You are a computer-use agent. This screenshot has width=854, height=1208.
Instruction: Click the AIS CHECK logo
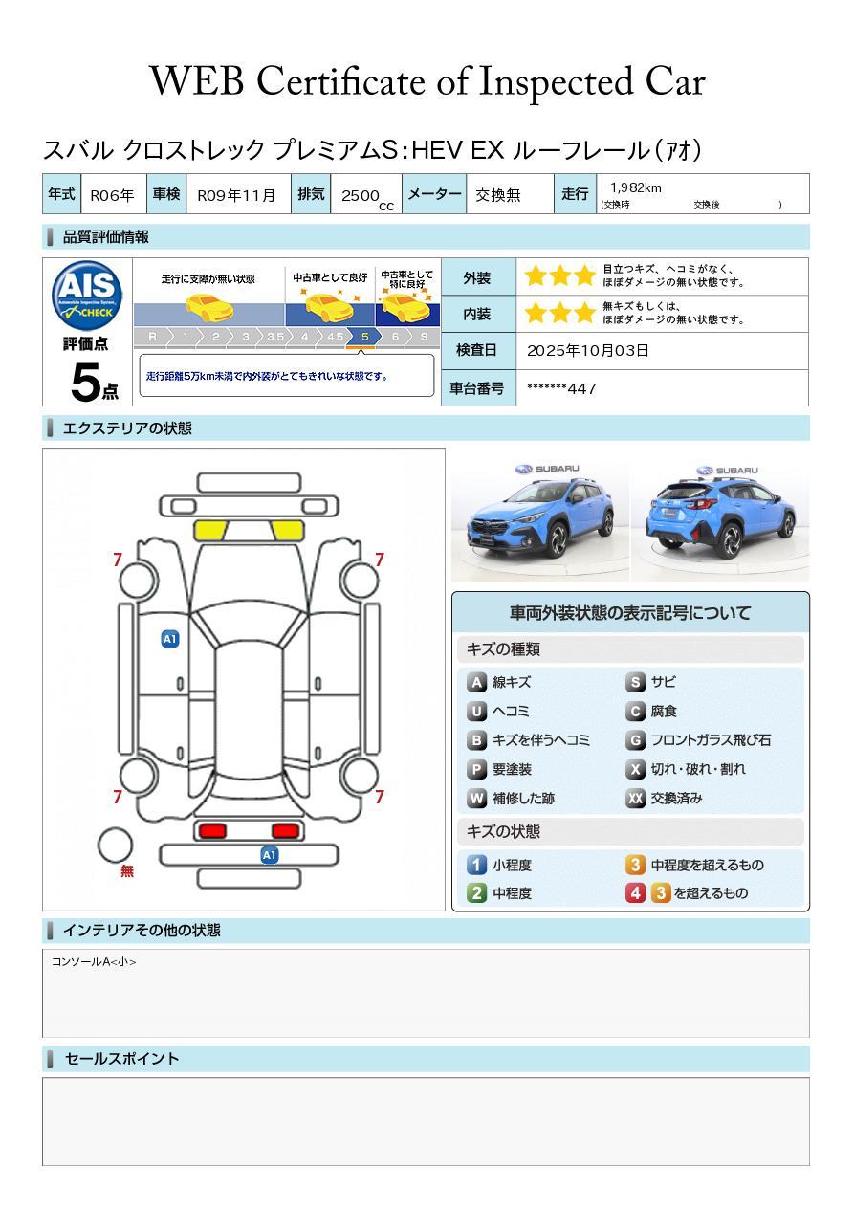point(87,295)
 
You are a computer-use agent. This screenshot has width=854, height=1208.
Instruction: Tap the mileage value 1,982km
point(636,187)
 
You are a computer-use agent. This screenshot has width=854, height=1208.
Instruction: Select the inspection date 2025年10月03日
point(588,350)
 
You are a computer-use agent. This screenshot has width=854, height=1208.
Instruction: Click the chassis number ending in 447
point(561,388)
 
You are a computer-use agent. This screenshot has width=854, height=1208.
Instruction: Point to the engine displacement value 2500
point(361,195)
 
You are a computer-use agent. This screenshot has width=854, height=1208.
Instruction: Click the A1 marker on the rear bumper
point(269,855)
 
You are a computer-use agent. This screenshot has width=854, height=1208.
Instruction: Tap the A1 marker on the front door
point(170,639)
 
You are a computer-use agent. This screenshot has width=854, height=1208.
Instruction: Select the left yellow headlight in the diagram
point(210,530)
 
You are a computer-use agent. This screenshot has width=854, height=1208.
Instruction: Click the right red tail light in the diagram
point(285,830)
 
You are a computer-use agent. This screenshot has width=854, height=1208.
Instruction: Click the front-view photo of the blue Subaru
point(540,521)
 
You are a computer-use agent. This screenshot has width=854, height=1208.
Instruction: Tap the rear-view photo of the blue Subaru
point(720,521)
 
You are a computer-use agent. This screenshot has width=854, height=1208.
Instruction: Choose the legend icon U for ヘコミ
point(476,712)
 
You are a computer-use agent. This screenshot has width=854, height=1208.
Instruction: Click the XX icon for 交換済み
point(636,798)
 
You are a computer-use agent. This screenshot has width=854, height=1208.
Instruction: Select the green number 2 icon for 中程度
point(476,893)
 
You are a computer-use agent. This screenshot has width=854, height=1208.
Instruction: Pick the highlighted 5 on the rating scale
point(365,337)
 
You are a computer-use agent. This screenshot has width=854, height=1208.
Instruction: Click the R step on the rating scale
point(153,337)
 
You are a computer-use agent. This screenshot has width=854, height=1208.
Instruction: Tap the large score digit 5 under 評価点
point(85,382)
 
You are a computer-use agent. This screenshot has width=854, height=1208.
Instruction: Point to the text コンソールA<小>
point(94,961)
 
